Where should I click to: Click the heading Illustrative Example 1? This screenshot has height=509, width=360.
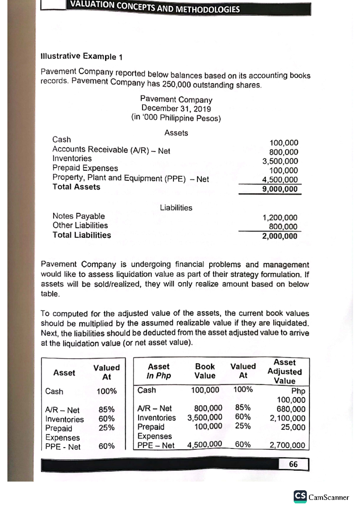81,56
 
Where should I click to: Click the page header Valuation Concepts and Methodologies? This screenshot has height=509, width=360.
155,7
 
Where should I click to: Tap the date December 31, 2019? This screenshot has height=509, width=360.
176,109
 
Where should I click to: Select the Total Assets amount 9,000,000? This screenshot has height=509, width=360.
280,189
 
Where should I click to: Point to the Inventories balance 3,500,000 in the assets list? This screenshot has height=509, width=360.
280,161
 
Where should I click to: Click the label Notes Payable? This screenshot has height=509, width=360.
79,216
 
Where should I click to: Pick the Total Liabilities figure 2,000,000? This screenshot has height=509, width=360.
280,236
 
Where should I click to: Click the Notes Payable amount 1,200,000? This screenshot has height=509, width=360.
280,218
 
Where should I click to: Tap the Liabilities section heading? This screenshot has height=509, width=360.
176,208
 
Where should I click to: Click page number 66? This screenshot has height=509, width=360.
293,464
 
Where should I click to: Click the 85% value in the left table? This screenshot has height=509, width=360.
106,409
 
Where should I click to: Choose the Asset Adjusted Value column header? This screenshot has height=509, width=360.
284,372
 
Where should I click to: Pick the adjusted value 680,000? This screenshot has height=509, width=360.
291,409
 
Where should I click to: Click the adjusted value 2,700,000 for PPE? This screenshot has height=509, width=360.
287,445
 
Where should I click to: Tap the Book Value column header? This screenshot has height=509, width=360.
205,371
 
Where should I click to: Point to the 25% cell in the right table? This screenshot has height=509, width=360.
243,426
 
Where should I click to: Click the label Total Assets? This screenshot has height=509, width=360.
76,187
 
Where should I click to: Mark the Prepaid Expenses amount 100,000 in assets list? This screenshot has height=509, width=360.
283,171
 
